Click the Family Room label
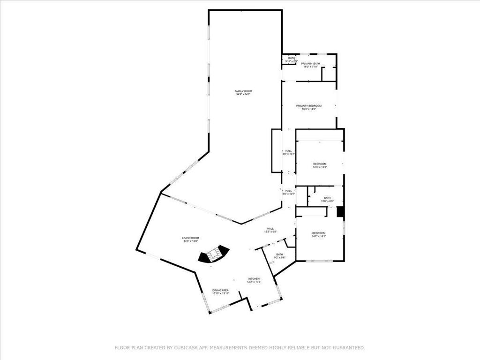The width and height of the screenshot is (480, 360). point(244,91)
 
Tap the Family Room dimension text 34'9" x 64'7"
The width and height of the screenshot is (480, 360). point(244,95)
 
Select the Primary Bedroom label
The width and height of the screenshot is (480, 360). point(309,106)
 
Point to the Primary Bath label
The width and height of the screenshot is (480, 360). point(310,64)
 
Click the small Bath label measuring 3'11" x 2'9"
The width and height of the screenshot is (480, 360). point(292,58)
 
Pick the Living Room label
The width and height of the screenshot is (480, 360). point(191,238)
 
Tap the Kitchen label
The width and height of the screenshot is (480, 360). point(254,279)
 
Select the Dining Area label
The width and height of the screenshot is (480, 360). point(220,290)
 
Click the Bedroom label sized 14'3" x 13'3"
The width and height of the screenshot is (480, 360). point(320,164)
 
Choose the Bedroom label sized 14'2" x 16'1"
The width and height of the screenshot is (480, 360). point(319,233)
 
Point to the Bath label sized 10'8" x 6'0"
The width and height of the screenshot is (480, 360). point(327,198)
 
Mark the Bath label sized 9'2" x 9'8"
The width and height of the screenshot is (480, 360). point(279,255)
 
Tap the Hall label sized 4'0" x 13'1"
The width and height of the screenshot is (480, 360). point(289,151)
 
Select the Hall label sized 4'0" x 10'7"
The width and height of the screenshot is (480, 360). point(289,191)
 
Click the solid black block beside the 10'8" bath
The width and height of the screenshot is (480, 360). point(340,212)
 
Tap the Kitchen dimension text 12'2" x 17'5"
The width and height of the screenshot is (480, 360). point(254,282)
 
